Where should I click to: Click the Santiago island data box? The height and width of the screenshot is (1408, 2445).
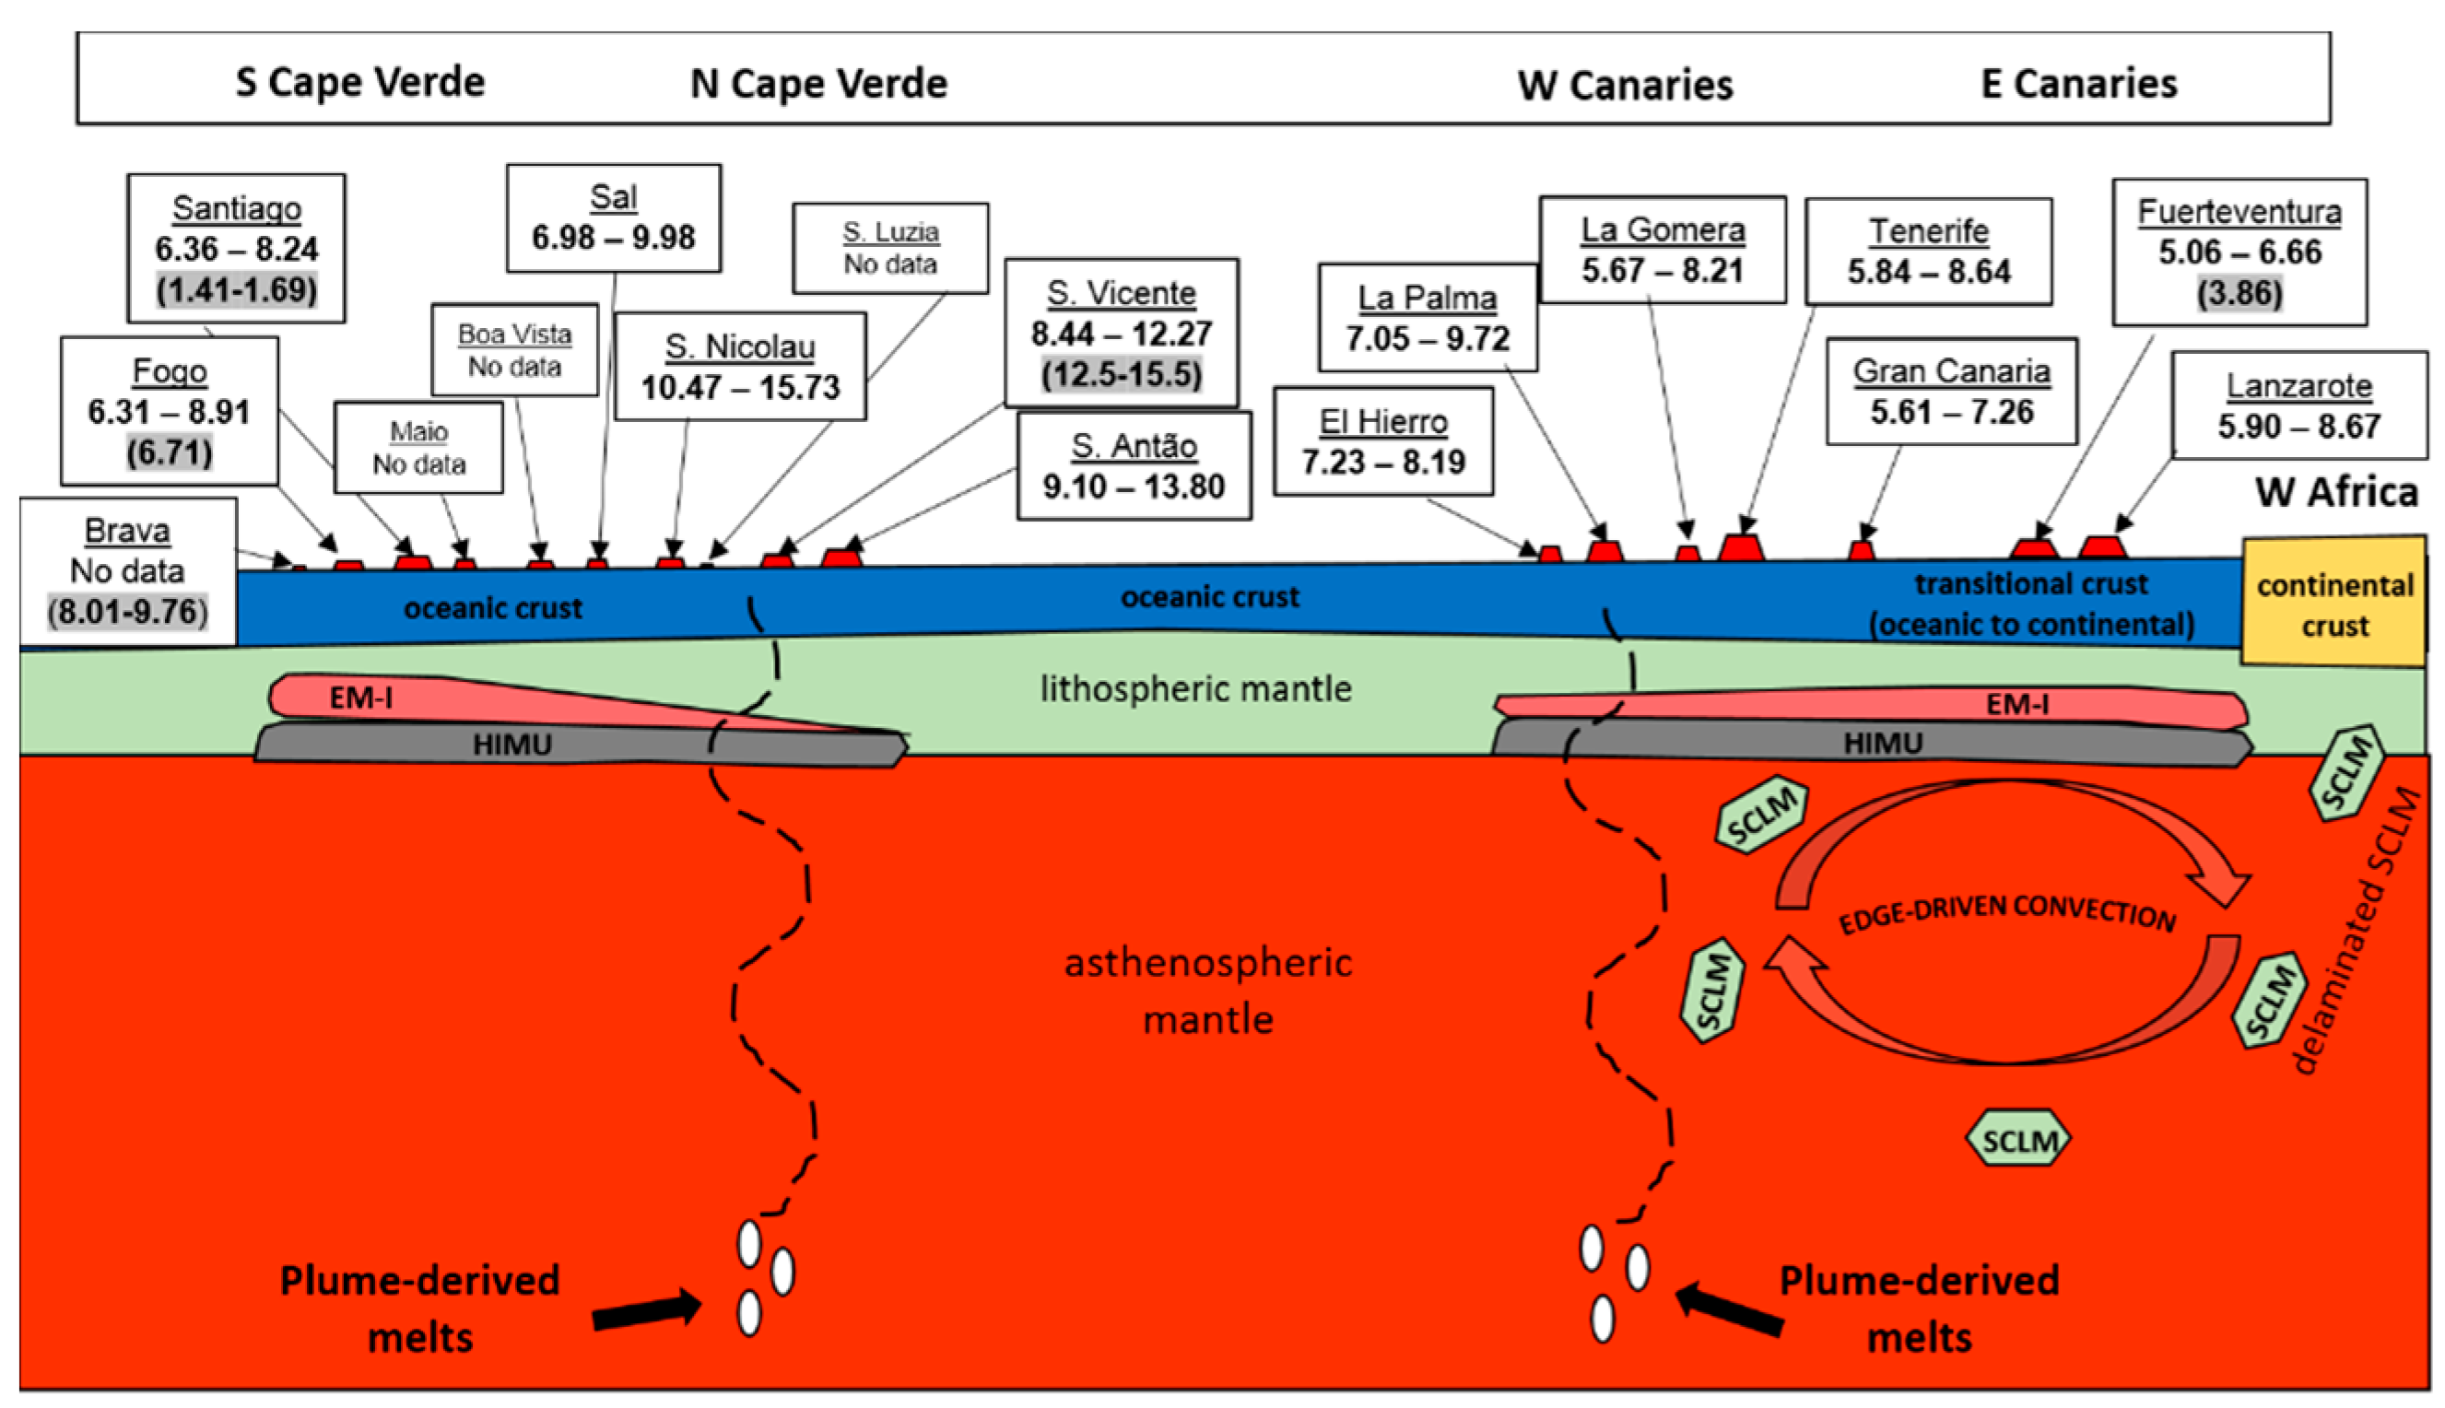tap(236, 249)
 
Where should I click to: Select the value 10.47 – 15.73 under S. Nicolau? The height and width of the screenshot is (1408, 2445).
tap(740, 388)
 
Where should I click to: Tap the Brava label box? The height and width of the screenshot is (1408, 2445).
tap(128, 570)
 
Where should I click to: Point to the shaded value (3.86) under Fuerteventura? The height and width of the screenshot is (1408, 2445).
tap(2239, 293)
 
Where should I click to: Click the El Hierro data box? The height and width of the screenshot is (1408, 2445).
tap(1382, 442)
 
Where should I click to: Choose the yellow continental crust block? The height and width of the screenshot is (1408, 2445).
tap(2333, 604)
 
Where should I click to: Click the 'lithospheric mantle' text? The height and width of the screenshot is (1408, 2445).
tap(1195, 689)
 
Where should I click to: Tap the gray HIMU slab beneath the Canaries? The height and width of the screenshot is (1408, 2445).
tap(1881, 744)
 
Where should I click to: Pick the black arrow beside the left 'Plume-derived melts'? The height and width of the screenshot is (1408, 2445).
tap(646, 1310)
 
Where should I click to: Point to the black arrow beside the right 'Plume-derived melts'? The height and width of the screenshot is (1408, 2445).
tap(1729, 1310)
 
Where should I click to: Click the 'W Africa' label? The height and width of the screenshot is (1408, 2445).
tap(2335, 492)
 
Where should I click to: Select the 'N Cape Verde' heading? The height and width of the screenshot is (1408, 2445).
tap(818, 84)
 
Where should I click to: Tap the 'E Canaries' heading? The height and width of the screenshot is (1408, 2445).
tap(2078, 84)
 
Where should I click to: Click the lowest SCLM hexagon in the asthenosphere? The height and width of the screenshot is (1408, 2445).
tap(2018, 1140)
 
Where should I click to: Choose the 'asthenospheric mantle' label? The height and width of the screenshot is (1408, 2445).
tap(1207, 991)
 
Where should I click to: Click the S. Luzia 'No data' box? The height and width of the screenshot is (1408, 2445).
tap(889, 249)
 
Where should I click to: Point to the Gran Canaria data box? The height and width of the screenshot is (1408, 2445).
tap(1951, 392)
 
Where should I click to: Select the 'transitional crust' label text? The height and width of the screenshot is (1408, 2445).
tap(2030, 585)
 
